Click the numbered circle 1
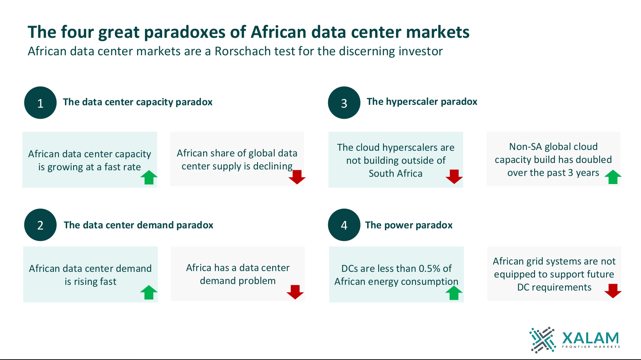[x=40, y=103]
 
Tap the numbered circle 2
[x=40, y=225]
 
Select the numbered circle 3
[x=344, y=103]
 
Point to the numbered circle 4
[x=344, y=225]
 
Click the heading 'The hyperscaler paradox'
[x=422, y=102]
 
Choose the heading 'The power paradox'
[x=409, y=225]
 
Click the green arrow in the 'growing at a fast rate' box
[x=149, y=177]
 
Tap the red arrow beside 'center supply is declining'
[x=297, y=177]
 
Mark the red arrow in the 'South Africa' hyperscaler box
[x=454, y=177]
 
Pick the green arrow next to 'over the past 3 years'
[x=613, y=177]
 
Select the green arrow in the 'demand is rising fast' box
[x=149, y=292]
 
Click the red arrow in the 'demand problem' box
[x=295, y=292]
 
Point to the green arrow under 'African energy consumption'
[x=454, y=293]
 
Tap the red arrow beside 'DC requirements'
[x=613, y=291]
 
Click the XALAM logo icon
[x=542, y=340]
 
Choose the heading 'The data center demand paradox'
[x=138, y=225]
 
